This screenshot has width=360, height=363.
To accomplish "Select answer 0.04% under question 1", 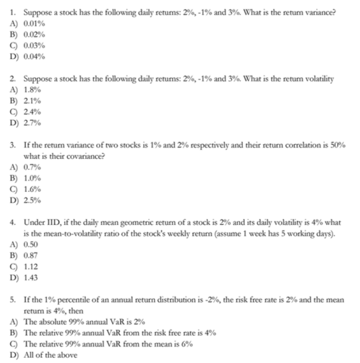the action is click(x=33, y=57).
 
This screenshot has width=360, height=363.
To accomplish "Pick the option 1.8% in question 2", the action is click(x=32, y=90).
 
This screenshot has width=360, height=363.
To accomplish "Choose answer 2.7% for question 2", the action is click(x=32, y=122).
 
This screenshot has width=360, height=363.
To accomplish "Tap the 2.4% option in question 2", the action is click(x=32, y=111).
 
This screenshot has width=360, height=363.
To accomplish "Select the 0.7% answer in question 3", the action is click(x=32, y=167).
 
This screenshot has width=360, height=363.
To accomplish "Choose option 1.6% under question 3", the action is click(x=32, y=189).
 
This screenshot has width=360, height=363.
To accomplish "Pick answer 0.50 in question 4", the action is click(x=31, y=244).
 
